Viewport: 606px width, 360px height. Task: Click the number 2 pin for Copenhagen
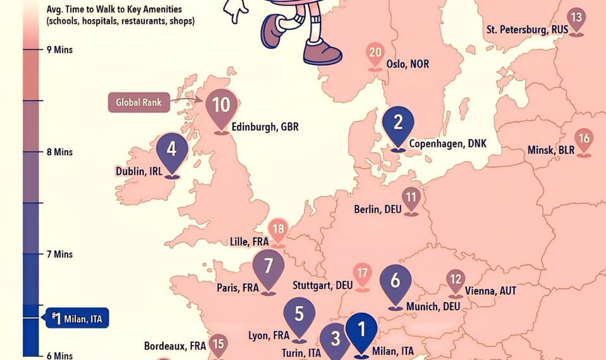tap(398, 123)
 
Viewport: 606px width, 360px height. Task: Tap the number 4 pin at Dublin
tap(171, 150)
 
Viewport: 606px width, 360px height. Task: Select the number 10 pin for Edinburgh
tap(221, 105)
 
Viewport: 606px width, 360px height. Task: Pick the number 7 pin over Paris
tap(269, 265)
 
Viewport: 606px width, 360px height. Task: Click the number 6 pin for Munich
tap(396, 281)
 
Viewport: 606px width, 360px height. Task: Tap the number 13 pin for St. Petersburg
tap(576, 18)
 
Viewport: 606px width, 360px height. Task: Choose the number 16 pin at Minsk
tap(585, 139)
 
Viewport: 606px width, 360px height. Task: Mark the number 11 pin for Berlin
tap(412, 198)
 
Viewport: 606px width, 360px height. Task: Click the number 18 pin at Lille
tap(278, 230)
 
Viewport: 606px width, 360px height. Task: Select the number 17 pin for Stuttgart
tap(362, 274)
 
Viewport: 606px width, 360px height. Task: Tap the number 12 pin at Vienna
tap(456, 280)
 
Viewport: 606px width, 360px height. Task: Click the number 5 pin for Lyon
tap(299, 315)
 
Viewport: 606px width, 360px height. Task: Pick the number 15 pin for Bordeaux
tap(218, 345)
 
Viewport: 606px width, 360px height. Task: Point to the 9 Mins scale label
tap(59, 49)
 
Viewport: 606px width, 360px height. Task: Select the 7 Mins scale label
tap(59, 254)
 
